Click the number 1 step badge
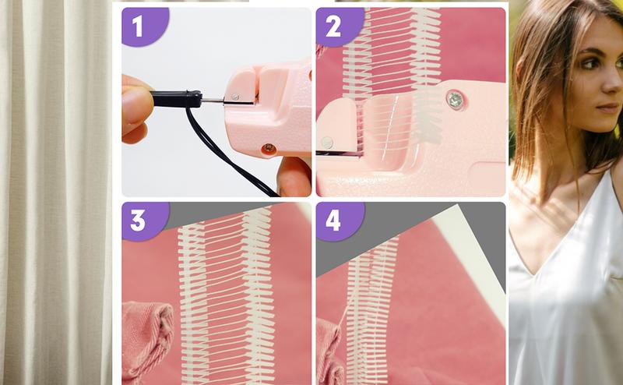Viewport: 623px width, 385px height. (x=139, y=26)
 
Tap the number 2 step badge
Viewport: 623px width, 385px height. (x=334, y=26)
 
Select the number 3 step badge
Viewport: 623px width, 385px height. (x=138, y=220)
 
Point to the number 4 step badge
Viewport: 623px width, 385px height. (x=333, y=220)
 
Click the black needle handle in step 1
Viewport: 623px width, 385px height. (x=175, y=99)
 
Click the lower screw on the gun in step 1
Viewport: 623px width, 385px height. (x=268, y=148)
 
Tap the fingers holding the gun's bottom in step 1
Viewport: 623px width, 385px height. (x=294, y=175)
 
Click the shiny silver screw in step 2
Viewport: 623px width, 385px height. (x=454, y=99)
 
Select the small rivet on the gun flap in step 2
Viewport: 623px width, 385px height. (x=328, y=143)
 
